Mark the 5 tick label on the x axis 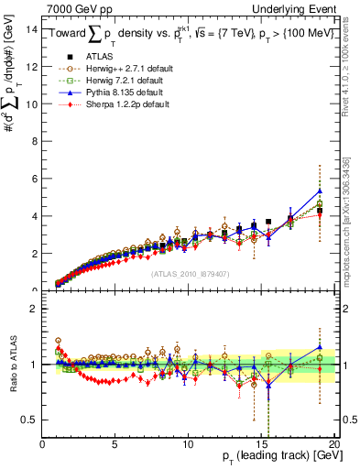(x=115, y=445)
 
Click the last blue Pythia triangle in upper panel (x=320, y=191)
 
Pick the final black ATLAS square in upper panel (x=320, y=211)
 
